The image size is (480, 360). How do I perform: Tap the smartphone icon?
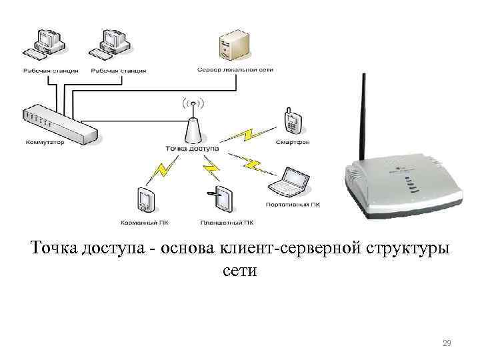(292, 119)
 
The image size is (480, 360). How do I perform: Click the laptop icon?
(288, 181)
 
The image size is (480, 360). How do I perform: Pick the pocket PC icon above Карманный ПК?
(146, 199)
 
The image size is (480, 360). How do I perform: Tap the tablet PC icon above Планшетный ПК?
(223, 199)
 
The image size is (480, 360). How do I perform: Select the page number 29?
(447, 343)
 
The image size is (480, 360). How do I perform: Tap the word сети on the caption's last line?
(240, 271)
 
